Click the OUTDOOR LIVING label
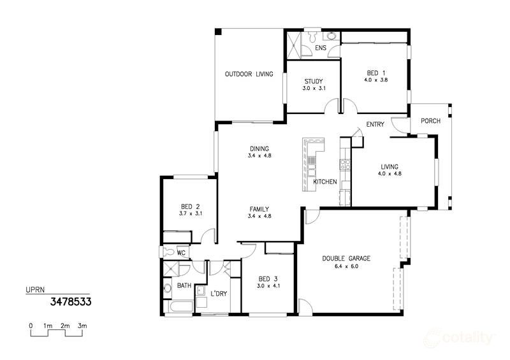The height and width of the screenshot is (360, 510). pos(249,74)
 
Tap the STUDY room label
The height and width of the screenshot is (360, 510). pos(313,81)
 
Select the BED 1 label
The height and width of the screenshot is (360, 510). pos(375,73)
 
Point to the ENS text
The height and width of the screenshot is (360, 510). pos(321,48)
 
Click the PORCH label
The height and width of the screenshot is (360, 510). pos(430,121)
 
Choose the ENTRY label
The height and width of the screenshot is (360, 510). pos(375,124)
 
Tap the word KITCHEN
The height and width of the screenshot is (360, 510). pos(325,182)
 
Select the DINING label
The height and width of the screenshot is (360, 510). pos(259,148)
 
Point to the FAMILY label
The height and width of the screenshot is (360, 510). pos(259,209)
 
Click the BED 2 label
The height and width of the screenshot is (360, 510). pos(190,206)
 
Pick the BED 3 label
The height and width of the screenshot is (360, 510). pos(268,278)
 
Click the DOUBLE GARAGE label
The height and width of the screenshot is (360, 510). pos(346,258)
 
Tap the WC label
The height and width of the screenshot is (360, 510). pos(180,253)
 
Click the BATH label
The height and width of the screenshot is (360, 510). pos(184,285)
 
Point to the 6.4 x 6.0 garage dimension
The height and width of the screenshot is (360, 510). pos(346,266)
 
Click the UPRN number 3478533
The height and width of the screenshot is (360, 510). pos(71,301)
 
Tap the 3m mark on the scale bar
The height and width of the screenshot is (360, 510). pos(82,326)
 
